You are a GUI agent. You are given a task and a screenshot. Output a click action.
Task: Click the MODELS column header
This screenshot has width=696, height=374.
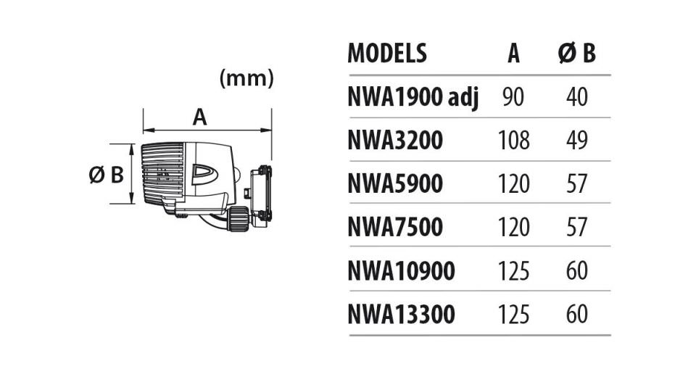[x=387, y=53]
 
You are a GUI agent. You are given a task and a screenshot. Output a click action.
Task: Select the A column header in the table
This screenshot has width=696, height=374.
[x=513, y=54]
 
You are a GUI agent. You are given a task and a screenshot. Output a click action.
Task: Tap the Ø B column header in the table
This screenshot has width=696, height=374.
[x=576, y=54]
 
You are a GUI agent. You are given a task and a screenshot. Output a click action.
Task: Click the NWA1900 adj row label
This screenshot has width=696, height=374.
[x=414, y=98]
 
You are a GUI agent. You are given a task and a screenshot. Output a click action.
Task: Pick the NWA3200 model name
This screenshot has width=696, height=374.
[x=396, y=141]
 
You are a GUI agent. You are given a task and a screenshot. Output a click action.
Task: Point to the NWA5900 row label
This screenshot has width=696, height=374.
[x=396, y=183]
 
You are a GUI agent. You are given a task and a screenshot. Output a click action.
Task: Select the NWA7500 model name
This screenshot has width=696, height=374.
[x=396, y=227]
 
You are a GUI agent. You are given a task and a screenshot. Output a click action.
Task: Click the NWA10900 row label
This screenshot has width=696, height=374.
[x=402, y=270]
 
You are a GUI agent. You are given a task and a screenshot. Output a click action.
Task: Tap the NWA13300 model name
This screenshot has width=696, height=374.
[x=402, y=314]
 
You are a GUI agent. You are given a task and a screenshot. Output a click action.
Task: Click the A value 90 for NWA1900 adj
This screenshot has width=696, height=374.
[x=513, y=97]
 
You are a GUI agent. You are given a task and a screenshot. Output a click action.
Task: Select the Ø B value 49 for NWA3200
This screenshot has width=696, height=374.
[x=577, y=141]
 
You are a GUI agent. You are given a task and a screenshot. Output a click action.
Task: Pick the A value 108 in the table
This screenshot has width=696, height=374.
[x=513, y=141]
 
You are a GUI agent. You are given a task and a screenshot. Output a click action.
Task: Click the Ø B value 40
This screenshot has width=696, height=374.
[x=577, y=97]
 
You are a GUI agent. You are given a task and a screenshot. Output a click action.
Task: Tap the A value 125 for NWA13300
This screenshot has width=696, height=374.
[x=513, y=314]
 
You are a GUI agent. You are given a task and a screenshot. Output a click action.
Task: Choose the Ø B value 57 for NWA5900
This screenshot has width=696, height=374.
[x=577, y=183]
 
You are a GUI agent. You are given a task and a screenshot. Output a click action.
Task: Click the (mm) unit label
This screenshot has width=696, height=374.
[x=246, y=79]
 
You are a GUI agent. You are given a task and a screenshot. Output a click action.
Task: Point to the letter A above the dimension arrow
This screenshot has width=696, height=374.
[x=200, y=117]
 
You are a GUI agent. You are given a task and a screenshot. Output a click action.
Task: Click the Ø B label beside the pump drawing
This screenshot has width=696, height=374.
[x=107, y=175]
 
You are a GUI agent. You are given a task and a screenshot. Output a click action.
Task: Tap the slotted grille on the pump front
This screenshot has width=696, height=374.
[x=162, y=173]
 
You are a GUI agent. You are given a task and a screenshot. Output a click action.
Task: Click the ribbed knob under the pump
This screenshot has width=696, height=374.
[x=239, y=219]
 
